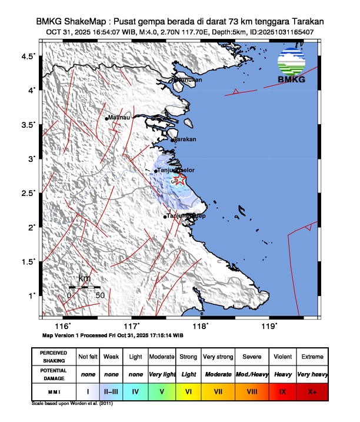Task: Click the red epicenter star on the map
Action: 179,180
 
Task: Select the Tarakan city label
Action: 185,139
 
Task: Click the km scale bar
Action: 84,287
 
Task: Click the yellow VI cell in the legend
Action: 189,391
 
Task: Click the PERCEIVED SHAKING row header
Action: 53,357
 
